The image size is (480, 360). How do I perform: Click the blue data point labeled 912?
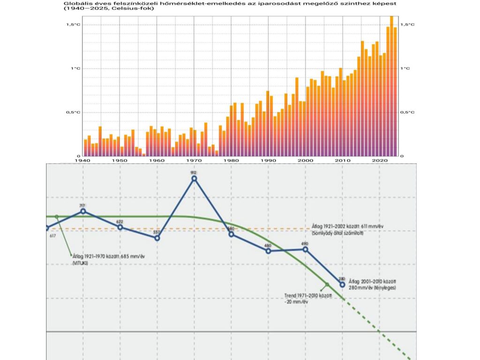(194, 178)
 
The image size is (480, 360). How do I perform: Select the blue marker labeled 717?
(83, 211)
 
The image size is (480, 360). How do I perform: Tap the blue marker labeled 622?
(120, 227)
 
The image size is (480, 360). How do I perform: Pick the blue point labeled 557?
(157, 238)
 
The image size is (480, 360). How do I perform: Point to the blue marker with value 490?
(306, 249)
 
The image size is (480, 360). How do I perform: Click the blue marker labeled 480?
(268, 251)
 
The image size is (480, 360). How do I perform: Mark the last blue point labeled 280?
(343, 285)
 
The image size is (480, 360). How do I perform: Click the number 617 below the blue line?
(52, 236)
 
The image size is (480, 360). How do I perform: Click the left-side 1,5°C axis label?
(73, 24)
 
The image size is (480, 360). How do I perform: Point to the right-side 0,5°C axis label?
(408, 112)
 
